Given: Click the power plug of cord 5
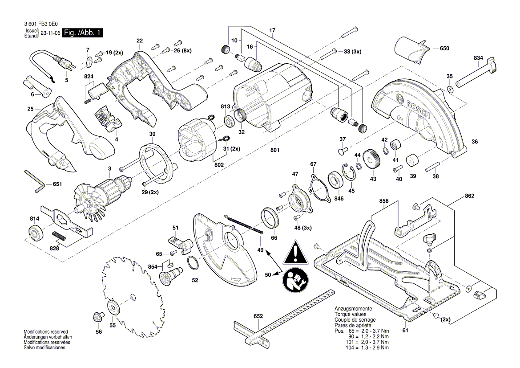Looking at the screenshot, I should click(67, 64).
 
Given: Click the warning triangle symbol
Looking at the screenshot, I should click(294, 253).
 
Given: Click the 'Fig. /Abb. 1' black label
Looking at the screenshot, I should click(83, 33).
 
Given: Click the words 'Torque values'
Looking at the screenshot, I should click(351, 315).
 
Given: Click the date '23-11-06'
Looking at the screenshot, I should click(50, 33).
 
